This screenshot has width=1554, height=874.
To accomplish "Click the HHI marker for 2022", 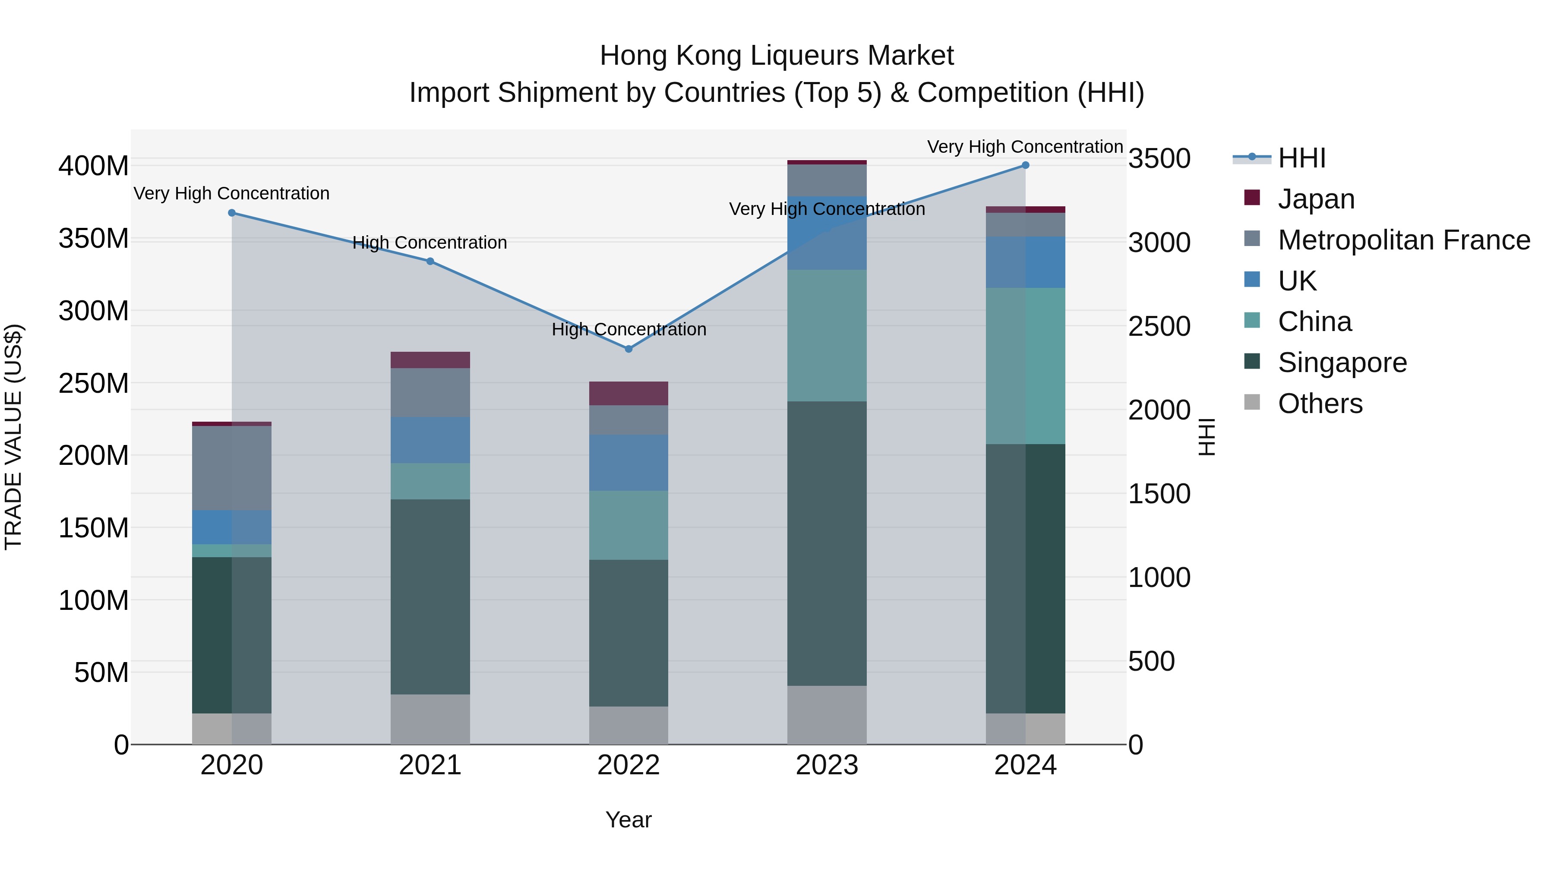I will coord(629,349).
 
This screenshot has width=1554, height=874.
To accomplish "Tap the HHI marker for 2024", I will coord(1026,165).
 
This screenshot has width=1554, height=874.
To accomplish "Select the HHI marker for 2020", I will coord(232,213).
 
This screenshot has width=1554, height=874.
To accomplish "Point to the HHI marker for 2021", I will coord(430,261).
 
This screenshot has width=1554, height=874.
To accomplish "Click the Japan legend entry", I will coord(1315,199).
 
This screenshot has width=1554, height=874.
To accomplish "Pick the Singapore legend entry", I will coord(1342,363).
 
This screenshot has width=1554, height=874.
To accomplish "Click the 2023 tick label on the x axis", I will coord(827,765).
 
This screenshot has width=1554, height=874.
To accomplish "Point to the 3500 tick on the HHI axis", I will coord(1159,159).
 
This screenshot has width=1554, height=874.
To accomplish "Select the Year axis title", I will coord(628,820).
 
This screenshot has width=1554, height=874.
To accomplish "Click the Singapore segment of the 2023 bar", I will coord(827,543).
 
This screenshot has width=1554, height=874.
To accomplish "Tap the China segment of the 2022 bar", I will coord(629,525).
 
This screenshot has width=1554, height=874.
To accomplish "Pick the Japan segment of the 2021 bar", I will coord(430,360).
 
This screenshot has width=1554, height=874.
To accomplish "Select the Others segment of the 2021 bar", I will coord(430,719).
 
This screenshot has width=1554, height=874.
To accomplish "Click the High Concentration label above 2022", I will coord(629,329).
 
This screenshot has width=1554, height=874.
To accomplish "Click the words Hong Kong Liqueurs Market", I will coord(777,56).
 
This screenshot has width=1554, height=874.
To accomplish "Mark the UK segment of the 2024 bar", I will coord(1026,262).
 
